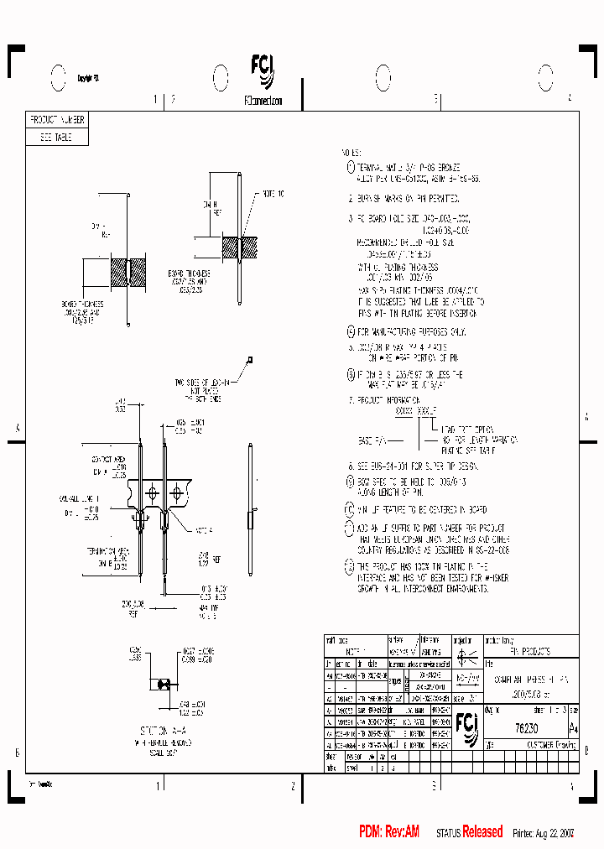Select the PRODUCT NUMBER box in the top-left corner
click(x=57, y=120)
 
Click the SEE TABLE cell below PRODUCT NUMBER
click(x=57, y=138)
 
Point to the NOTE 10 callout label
click(x=273, y=194)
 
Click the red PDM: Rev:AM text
click(x=389, y=831)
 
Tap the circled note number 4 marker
click(x=351, y=331)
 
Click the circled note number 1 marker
click(x=351, y=168)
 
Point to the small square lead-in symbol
click(x=249, y=360)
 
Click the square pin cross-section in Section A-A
click(x=164, y=680)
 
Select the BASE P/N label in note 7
click(x=371, y=440)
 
